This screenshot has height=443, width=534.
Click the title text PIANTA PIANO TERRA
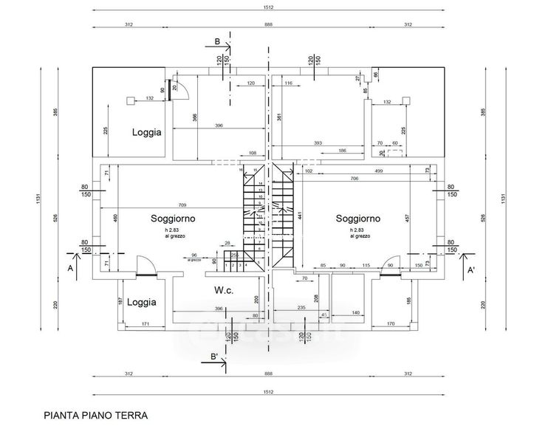click(96, 415)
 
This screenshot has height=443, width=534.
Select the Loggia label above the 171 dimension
click(141, 302)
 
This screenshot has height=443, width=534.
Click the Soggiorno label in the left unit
click(173, 219)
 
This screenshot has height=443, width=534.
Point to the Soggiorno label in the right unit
click(358, 219)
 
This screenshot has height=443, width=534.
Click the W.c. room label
click(225, 289)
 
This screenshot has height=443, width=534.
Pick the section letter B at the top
click(217, 42)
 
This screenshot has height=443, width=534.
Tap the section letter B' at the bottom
click(214, 358)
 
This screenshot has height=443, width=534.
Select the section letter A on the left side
click(71, 269)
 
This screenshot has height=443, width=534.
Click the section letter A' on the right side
click(470, 271)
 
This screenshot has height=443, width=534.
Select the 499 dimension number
click(377, 171)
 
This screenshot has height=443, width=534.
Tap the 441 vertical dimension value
click(299, 217)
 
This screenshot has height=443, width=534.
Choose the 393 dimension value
click(318, 142)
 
